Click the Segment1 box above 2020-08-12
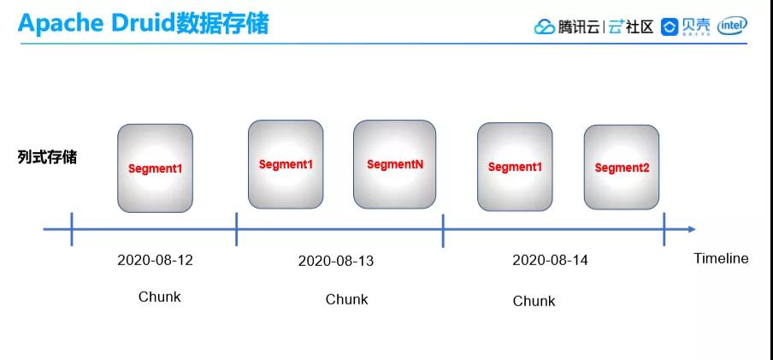(x=155, y=168)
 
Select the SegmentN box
(x=394, y=164)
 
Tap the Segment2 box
(x=622, y=168)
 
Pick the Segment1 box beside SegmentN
(x=286, y=164)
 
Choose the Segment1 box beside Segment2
(x=515, y=167)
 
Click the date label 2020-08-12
(x=156, y=260)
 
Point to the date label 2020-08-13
(x=336, y=261)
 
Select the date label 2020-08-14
(x=550, y=260)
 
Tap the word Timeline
(x=721, y=258)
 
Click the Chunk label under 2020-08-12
(x=160, y=297)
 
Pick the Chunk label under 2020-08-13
(x=346, y=299)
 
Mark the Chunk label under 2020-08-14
(x=534, y=301)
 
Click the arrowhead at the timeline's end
(x=692, y=229)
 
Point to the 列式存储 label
(x=47, y=157)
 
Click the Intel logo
(x=732, y=27)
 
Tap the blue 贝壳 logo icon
(x=670, y=27)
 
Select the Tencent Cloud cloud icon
(x=544, y=27)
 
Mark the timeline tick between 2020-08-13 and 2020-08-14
(x=443, y=230)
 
